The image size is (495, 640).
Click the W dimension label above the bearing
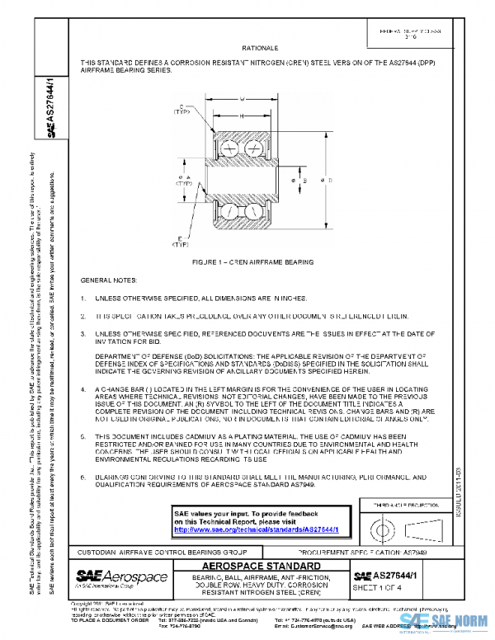pos(243,99)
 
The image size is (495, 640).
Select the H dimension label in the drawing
pos(243,116)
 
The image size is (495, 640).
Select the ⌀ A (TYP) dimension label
pos(182,181)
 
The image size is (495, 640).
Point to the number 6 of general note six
pos(83,477)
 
